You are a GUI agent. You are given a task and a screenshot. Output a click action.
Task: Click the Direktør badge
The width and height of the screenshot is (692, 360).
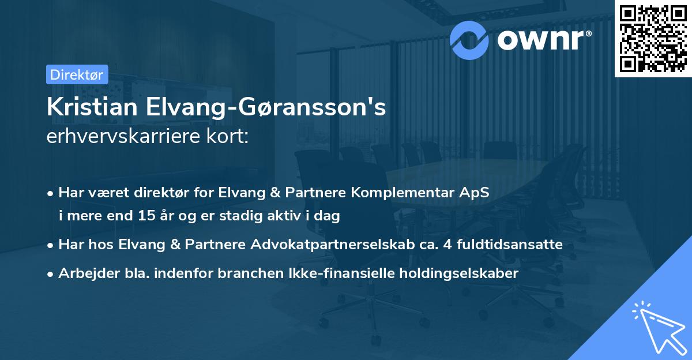(76, 74)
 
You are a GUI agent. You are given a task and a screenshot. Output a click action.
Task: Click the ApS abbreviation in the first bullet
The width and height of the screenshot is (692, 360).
(476, 193)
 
